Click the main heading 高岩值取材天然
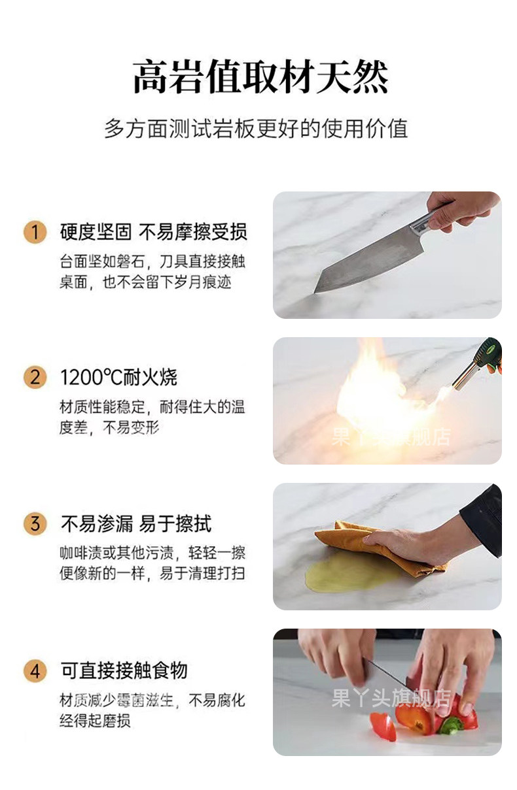pos(260,76)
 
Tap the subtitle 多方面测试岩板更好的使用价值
pos(256,129)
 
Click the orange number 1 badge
pos(35,232)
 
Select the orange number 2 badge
pos(35,378)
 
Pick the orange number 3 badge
pos(35,524)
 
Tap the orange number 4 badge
pos(35,671)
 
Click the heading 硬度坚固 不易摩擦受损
pos(154,232)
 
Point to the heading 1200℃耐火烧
pos(118,377)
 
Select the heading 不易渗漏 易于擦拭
pos(136,523)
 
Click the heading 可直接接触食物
pos(124,670)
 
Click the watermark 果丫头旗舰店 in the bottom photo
pos(391,698)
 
